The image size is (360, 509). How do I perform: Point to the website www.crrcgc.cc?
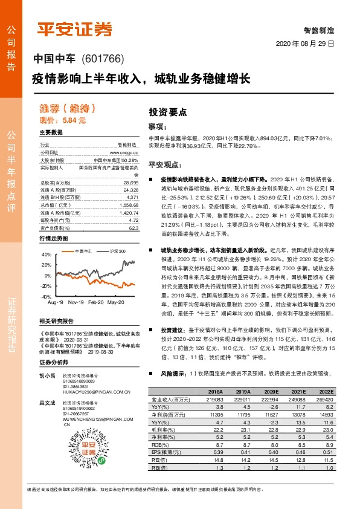pos(124,153)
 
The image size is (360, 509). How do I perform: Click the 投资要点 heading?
pos(168,112)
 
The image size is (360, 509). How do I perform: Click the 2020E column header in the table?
pos(270,392)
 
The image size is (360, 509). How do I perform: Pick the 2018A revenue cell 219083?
pos(216,399)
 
